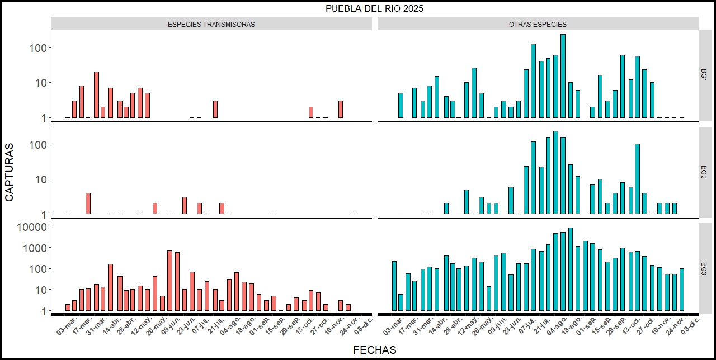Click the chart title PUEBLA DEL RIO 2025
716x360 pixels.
click(375, 8)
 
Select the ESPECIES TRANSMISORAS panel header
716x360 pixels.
click(211, 25)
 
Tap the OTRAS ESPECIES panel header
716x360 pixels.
click(538, 25)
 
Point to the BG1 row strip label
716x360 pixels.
click(705, 75)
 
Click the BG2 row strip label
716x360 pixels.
click(705, 172)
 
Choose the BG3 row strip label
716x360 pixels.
click(705, 269)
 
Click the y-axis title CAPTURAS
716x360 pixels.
click(10, 172)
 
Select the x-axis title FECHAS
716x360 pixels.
click(375, 350)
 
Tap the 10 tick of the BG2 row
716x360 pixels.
click(39, 179)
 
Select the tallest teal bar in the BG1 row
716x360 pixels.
click(563, 76)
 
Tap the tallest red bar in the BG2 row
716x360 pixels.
click(88, 203)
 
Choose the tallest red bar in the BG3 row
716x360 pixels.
click(169, 281)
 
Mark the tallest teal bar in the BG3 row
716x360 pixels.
click(570, 269)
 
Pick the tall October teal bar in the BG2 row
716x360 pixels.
click(637, 179)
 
